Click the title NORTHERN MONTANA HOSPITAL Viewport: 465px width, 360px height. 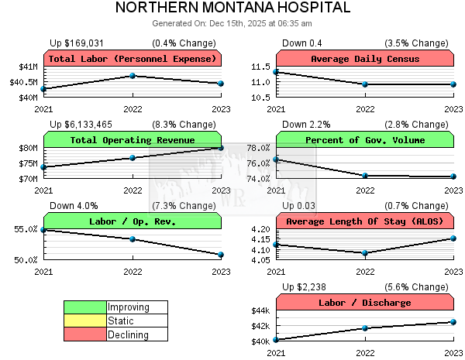click(232, 9)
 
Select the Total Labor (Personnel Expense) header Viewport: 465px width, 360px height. click(132, 59)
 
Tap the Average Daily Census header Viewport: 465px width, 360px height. click(364, 59)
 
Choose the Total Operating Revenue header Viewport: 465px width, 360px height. click(132, 140)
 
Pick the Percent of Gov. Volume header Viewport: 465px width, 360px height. click(364, 140)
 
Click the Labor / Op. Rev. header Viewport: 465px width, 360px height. click(132, 221)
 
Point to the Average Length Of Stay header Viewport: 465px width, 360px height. click(364, 221)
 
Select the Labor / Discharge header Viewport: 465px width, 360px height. click(364, 303)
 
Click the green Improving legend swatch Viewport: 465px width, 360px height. click(85, 307)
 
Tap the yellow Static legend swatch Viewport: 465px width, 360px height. click(85, 321)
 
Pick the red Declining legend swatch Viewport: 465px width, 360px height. click(85, 334)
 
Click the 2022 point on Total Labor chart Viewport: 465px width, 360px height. click(133, 76)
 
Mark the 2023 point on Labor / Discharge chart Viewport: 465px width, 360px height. click(453, 322)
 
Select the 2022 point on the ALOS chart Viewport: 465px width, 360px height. click(365, 252)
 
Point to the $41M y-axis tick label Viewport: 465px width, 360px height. click(27, 67)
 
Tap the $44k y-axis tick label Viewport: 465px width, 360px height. click(259, 310)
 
